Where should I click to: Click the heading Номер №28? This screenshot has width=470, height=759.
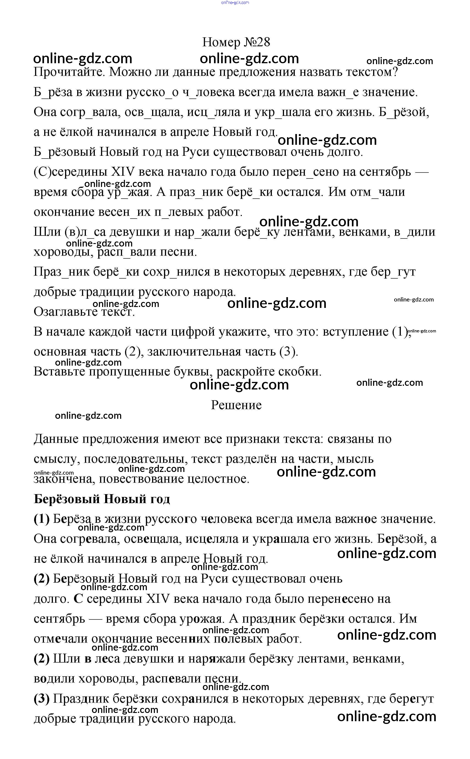(236, 42)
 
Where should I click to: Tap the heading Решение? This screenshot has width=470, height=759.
(236, 405)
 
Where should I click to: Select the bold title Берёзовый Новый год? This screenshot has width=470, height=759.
(102, 499)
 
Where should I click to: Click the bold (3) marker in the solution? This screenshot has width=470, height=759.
(42, 699)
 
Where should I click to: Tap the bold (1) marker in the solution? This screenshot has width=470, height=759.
(42, 519)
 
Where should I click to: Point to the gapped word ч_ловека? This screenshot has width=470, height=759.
(208, 92)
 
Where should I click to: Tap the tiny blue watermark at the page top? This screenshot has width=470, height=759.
(235, 3)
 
